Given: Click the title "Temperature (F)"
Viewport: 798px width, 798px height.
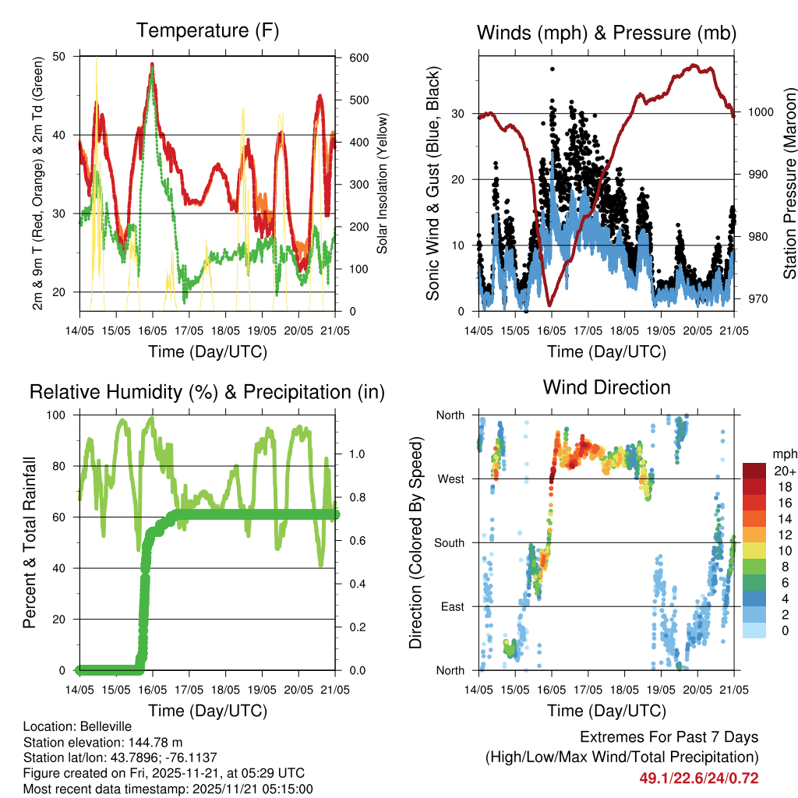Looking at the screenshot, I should coord(207,31).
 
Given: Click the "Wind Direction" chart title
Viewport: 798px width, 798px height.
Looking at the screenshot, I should coord(606,387).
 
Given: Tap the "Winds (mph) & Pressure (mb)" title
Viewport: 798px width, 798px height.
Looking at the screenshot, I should coord(606,33).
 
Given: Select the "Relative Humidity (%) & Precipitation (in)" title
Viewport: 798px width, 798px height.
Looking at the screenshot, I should coord(207,392).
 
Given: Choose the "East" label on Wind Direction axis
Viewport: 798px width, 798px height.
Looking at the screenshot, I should coord(451,606).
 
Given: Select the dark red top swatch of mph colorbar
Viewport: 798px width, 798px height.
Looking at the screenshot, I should coord(754,471).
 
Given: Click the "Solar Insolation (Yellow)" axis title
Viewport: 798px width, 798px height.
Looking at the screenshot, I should coord(383,184).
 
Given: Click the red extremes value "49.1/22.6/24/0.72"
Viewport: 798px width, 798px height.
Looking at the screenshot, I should coord(699,778).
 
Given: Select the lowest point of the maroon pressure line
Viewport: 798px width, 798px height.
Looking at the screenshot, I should coord(550,305).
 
